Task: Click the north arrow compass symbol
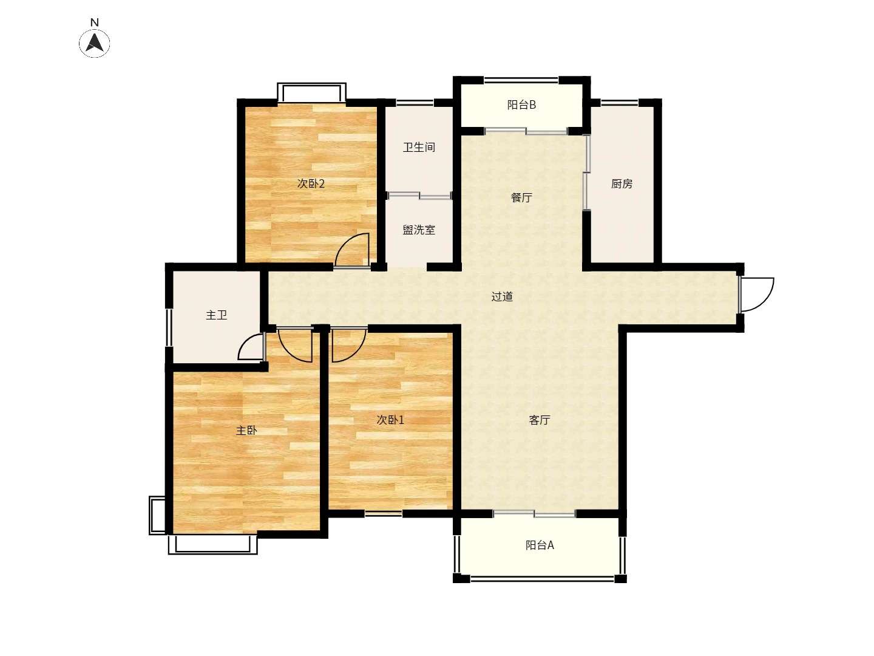pyautogui.click(x=94, y=43)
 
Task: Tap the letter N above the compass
pyautogui.click(x=94, y=22)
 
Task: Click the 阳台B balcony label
pyautogui.click(x=521, y=104)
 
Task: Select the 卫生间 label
pyautogui.click(x=419, y=148)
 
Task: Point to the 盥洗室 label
pyautogui.click(x=419, y=230)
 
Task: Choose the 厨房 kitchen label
pyautogui.click(x=622, y=183)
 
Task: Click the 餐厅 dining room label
pyautogui.click(x=521, y=197)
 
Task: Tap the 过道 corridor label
pyautogui.click(x=502, y=296)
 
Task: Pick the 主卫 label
pyautogui.click(x=216, y=315)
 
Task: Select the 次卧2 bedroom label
pyautogui.click(x=311, y=183)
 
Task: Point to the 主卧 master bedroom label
pyautogui.click(x=246, y=430)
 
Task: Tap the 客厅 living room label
pyautogui.click(x=540, y=420)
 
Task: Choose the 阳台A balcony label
pyautogui.click(x=540, y=545)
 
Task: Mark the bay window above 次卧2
pyautogui.click(x=311, y=92)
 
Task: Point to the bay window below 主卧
pyautogui.click(x=212, y=544)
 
